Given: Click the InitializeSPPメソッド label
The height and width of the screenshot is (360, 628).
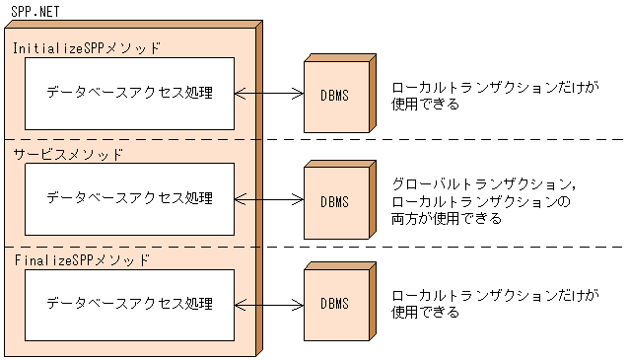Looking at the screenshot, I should click(x=86, y=46).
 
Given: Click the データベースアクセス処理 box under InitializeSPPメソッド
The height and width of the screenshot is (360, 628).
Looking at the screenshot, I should click(x=129, y=93).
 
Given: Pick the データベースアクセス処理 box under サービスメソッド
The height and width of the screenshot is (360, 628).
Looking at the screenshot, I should click(x=129, y=198).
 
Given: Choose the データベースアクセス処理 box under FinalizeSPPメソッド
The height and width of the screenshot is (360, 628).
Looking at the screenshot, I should click(x=129, y=304).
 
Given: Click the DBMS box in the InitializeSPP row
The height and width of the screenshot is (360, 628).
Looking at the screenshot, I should click(x=334, y=97).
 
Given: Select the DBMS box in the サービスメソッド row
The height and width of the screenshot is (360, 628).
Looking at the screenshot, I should click(x=334, y=202).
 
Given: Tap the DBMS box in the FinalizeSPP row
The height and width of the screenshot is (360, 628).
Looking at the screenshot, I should click(x=334, y=306).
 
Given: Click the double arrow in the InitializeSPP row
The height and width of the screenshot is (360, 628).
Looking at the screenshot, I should click(x=269, y=94).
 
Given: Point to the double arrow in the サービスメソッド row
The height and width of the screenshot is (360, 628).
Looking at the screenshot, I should click(x=269, y=199).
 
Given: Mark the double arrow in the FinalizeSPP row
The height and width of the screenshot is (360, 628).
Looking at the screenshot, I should click(x=269, y=304).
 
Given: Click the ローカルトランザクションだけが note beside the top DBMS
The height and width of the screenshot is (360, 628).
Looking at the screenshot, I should click(x=495, y=86).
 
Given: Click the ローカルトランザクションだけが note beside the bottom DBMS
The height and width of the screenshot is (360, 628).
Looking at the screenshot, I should click(x=495, y=295).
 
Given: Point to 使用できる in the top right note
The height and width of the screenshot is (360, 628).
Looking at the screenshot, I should click(x=425, y=103).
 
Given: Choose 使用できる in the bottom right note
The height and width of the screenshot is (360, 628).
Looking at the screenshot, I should click(x=425, y=312).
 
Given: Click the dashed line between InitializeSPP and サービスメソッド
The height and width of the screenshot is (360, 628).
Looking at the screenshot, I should click(x=444, y=139).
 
